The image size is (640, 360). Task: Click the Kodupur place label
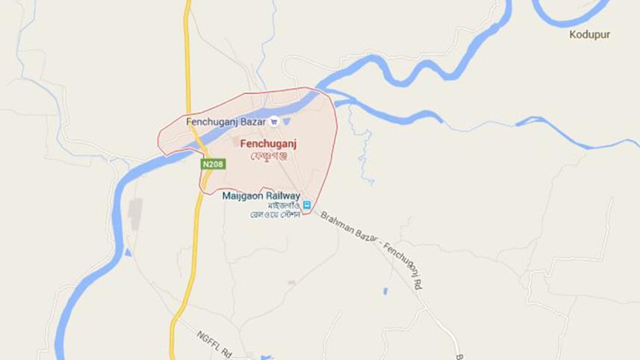590,34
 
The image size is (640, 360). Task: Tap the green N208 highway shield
211,163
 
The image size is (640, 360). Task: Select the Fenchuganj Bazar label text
225,121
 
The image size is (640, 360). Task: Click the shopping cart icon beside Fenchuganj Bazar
274,121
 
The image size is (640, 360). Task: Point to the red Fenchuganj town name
265,142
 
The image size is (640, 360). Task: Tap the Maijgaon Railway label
261,196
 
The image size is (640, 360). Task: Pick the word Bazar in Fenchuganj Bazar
252,121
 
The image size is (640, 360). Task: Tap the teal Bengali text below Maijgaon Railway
274,210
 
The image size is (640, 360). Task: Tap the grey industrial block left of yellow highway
135,214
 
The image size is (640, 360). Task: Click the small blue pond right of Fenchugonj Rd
385,290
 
